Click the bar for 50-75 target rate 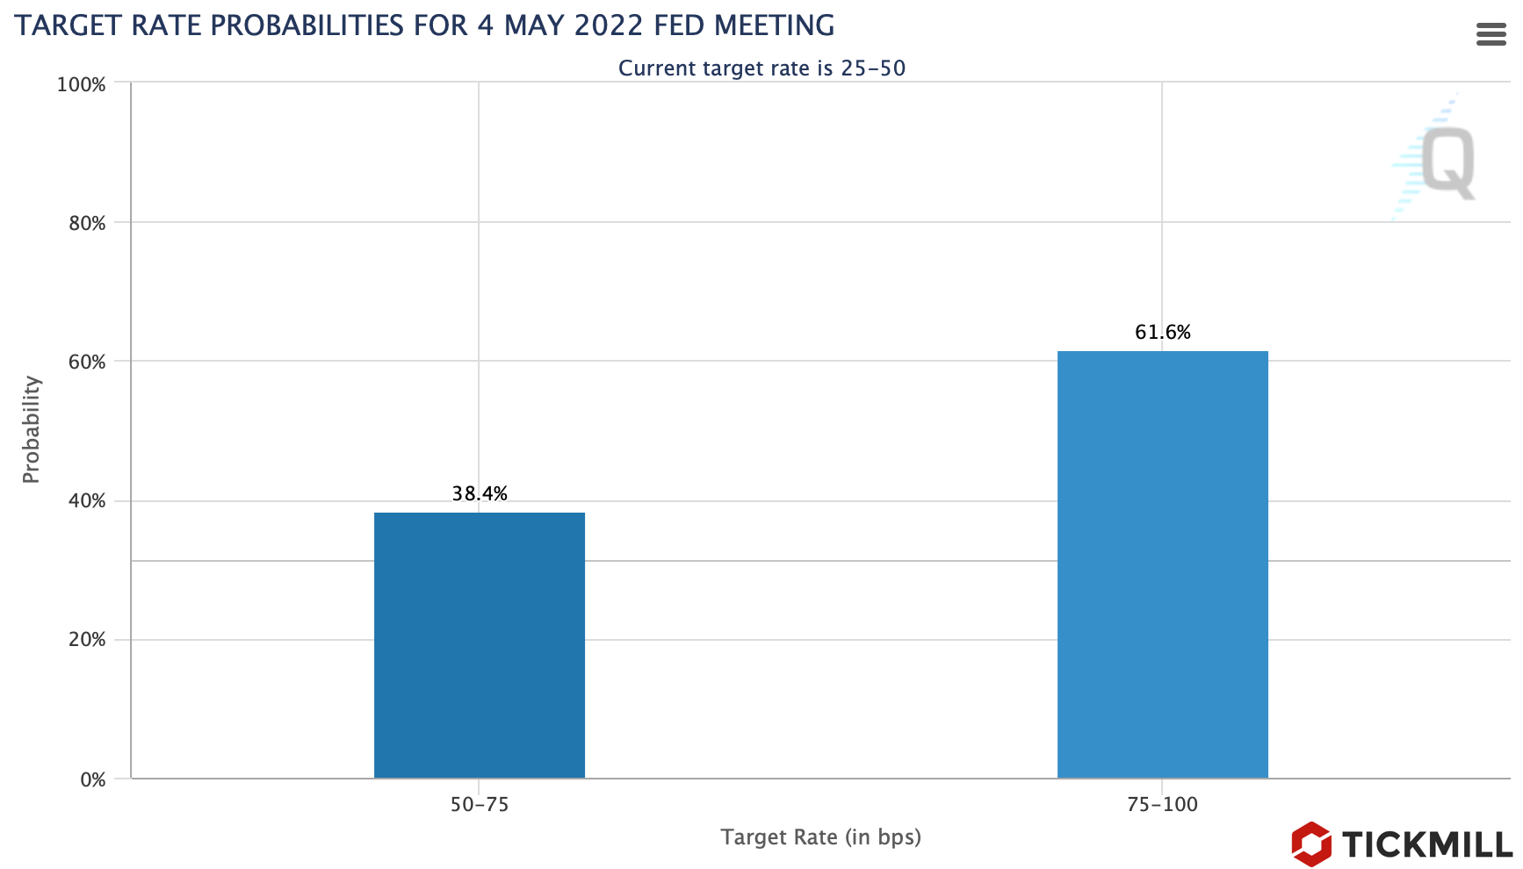pyautogui.click(x=479, y=645)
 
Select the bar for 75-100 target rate pyautogui.click(x=1162, y=564)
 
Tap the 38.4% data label pyautogui.click(x=480, y=493)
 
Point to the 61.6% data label pyautogui.click(x=1162, y=332)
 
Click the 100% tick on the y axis pyautogui.click(x=81, y=84)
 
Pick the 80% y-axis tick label pyautogui.click(x=87, y=223)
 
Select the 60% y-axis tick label pyautogui.click(x=87, y=362)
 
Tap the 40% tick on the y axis pyautogui.click(x=87, y=500)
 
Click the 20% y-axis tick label pyautogui.click(x=87, y=639)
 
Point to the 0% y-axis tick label pyautogui.click(x=92, y=779)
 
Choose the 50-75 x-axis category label pyautogui.click(x=480, y=804)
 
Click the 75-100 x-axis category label pyautogui.click(x=1162, y=804)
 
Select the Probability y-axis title pyautogui.click(x=32, y=429)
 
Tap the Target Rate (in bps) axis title pyautogui.click(x=820, y=837)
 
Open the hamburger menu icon pyautogui.click(x=1491, y=34)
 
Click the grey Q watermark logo pyautogui.click(x=1447, y=162)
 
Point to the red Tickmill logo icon pyautogui.click(x=1310, y=844)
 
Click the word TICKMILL pyautogui.click(x=1427, y=844)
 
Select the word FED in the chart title pyautogui.click(x=683, y=25)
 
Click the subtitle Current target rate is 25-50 pyautogui.click(x=761, y=68)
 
